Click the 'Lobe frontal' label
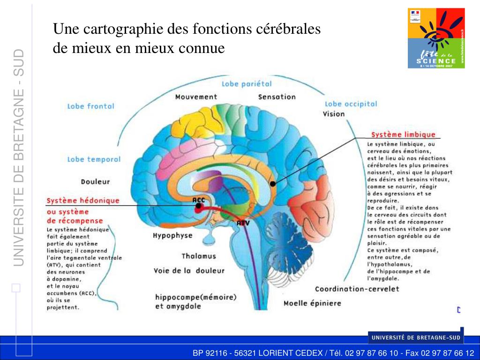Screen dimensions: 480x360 click(x=90, y=106)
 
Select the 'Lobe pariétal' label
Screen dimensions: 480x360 click(x=247, y=84)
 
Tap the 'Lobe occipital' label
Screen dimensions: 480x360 click(x=351, y=104)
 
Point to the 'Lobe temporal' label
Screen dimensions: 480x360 click(x=94, y=159)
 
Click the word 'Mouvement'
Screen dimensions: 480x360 click(x=196, y=97)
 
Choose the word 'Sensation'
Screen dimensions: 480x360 click(x=277, y=97)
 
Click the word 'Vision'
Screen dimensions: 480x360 click(x=334, y=114)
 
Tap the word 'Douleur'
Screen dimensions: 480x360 click(x=95, y=181)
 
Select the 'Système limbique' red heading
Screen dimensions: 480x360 click(x=403, y=135)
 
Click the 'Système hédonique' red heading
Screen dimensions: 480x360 click(x=82, y=201)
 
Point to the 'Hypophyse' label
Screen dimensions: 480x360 click(x=172, y=236)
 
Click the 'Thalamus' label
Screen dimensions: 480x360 click(x=199, y=256)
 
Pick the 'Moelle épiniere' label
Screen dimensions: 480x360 click(x=312, y=303)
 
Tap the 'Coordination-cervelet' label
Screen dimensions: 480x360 click(x=357, y=289)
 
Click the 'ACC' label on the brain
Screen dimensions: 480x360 click(x=199, y=200)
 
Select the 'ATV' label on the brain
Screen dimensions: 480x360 click(x=243, y=223)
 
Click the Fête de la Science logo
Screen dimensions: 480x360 click(x=436, y=38)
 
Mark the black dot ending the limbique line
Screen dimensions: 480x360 click(x=273, y=183)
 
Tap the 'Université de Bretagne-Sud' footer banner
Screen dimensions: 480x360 click(x=415, y=337)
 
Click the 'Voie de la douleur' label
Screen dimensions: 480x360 click(x=189, y=270)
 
